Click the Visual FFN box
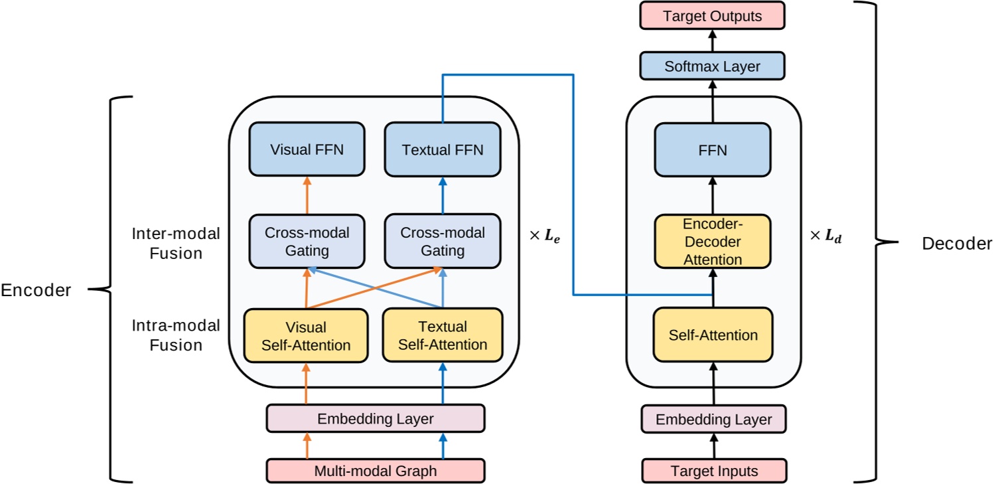point(307,149)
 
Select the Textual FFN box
point(443,149)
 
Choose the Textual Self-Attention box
point(443,335)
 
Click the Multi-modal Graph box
point(376,471)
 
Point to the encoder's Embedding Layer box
point(376,419)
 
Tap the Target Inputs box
point(714,471)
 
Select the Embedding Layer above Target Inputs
point(714,420)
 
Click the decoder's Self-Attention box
point(713,335)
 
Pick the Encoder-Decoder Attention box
point(713,241)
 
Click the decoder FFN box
point(713,150)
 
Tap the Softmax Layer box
point(713,66)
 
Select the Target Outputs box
point(713,15)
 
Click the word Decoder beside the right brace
point(957,244)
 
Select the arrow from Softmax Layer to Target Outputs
point(713,41)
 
